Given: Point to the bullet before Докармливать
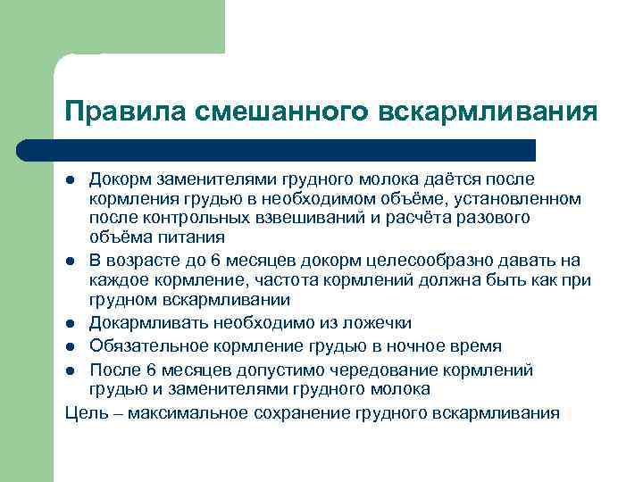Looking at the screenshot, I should coord(69,322).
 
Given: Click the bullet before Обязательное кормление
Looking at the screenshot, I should coord(69,345).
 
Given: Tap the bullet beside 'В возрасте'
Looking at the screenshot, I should coord(69,261).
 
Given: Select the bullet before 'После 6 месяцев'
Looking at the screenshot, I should coord(69,369).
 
